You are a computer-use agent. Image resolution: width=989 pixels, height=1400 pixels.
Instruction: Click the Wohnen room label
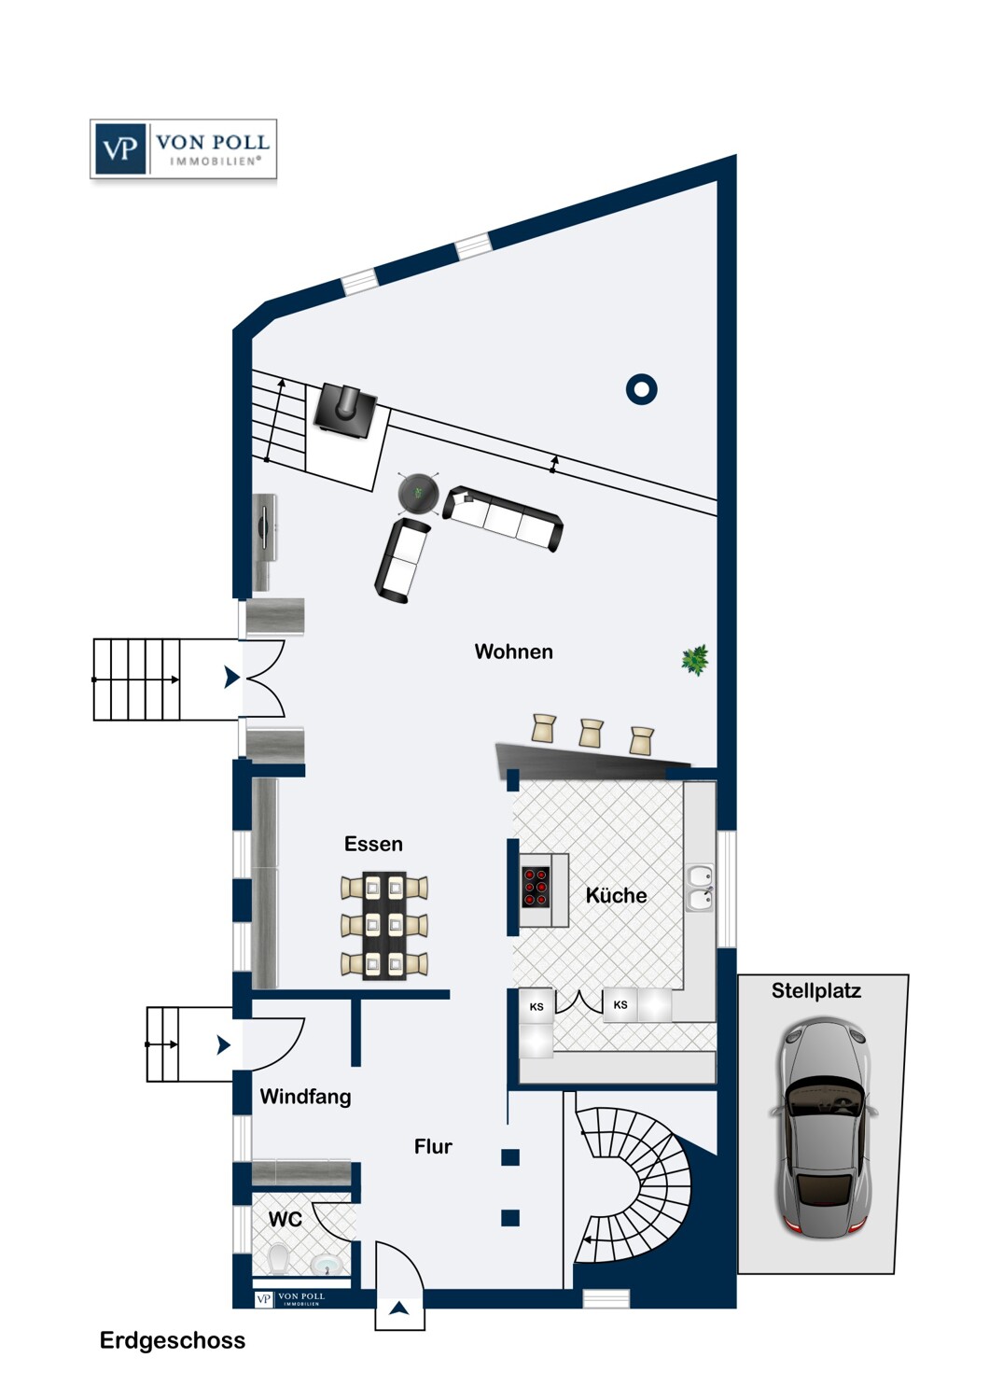[513, 651]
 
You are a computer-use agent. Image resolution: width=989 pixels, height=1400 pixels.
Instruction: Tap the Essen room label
[373, 844]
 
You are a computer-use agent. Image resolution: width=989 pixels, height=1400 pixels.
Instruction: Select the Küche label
[616, 895]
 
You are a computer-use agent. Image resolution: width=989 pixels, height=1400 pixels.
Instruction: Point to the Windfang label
[305, 1096]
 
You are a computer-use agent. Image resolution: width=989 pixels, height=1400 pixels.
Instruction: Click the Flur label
[433, 1146]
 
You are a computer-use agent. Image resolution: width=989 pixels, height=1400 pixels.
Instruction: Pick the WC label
[285, 1219]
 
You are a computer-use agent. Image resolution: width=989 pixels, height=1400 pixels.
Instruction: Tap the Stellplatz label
[816, 990]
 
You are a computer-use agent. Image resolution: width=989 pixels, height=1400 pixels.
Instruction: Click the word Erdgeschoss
[173, 1340]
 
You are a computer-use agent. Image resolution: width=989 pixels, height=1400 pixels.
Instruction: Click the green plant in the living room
[695, 660]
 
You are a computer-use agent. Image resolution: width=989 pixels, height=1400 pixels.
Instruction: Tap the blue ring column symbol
[642, 389]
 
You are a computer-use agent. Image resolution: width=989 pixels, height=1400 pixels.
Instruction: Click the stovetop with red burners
[536, 887]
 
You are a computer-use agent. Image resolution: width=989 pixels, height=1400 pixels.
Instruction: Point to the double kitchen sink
[701, 889]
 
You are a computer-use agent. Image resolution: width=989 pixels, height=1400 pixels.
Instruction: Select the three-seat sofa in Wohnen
[503, 518]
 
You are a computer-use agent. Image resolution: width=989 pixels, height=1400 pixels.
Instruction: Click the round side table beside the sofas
[419, 493]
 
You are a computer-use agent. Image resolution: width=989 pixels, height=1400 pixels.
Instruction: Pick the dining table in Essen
[384, 925]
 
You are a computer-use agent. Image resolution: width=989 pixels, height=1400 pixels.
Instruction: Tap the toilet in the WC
[277, 1257]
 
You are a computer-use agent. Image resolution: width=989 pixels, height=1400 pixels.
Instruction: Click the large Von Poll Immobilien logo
[183, 149]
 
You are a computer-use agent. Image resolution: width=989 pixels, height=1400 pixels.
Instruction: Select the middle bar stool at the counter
[591, 733]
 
